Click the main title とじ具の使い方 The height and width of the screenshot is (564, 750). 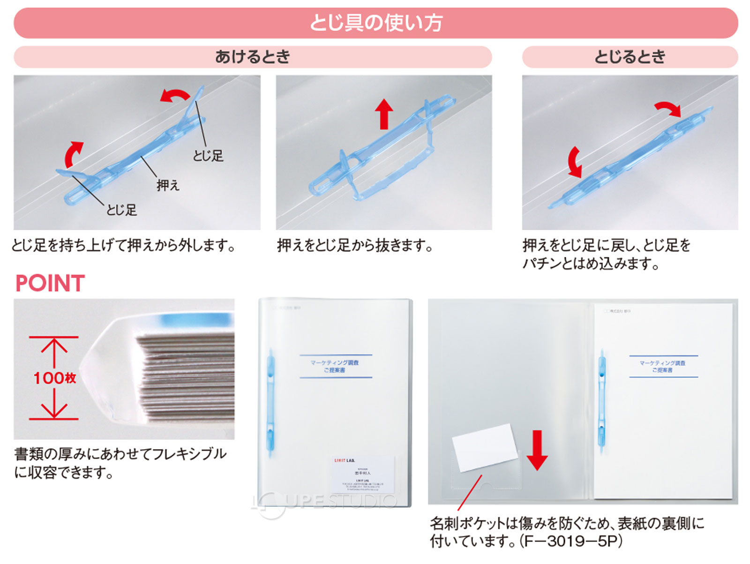point(375,23)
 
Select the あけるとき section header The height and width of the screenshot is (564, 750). point(253,57)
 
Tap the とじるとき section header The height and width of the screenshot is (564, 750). point(630,57)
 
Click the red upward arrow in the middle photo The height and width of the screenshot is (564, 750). point(384,113)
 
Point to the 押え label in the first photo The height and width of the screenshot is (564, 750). point(168,185)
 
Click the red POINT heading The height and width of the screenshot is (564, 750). point(50,283)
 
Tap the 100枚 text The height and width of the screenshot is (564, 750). point(54,377)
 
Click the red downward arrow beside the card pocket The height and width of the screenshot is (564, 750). point(537,450)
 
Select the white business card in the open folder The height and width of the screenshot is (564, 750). point(484,447)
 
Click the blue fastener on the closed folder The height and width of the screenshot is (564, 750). point(271,403)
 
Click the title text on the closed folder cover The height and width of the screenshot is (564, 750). point(335,366)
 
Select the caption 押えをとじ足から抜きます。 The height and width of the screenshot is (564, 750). point(354,245)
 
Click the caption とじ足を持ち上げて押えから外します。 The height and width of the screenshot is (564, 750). point(123,245)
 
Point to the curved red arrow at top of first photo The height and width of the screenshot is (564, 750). point(174,96)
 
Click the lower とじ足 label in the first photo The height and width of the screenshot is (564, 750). point(121,210)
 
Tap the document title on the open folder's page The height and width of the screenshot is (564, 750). point(663,366)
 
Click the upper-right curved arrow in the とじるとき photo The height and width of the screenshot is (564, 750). point(668,109)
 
